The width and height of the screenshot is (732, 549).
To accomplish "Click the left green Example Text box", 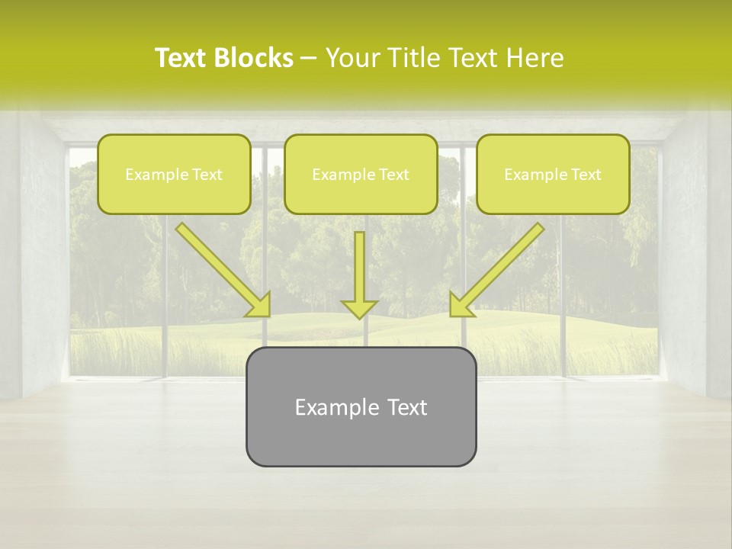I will click(x=174, y=174).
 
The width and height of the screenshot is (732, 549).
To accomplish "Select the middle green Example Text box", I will click(x=361, y=174).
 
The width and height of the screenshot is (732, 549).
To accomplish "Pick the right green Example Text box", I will click(x=553, y=174).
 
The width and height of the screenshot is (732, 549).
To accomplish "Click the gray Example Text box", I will click(x=361, y=406).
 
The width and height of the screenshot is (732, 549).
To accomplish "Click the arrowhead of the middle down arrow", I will click(x=359, y=308).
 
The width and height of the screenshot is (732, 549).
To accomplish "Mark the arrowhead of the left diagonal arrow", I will click(x=260, y=306).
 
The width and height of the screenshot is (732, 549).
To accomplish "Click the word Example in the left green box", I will click(x=155, y=175).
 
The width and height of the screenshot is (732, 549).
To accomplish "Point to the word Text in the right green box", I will click(x=586, y=175).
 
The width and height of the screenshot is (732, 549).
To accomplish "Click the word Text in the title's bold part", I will click(x=181, y=58).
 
